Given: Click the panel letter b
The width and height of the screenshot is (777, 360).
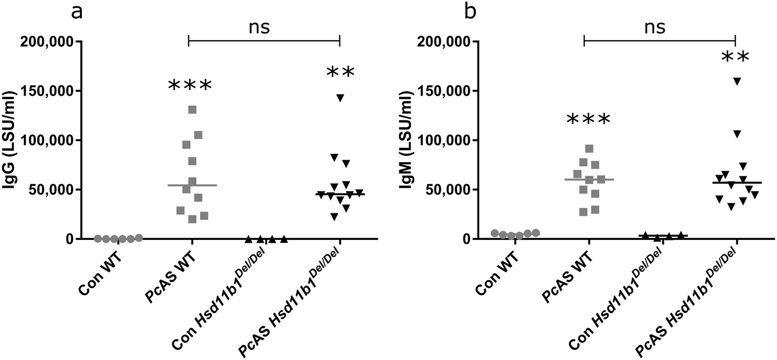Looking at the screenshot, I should tap(470, 12).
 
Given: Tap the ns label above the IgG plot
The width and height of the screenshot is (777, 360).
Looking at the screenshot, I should tap(259, 27).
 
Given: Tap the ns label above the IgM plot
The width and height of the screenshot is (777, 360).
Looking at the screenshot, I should tap(655, 27).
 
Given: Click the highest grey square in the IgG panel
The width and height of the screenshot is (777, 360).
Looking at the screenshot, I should tap(192, 110).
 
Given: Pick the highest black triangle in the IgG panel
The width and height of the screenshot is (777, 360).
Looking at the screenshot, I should tap(340, 98).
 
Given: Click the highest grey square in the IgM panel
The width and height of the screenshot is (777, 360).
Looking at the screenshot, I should tap(589, 149).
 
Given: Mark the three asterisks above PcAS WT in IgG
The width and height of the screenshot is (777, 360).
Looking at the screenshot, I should tap(190, 86).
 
